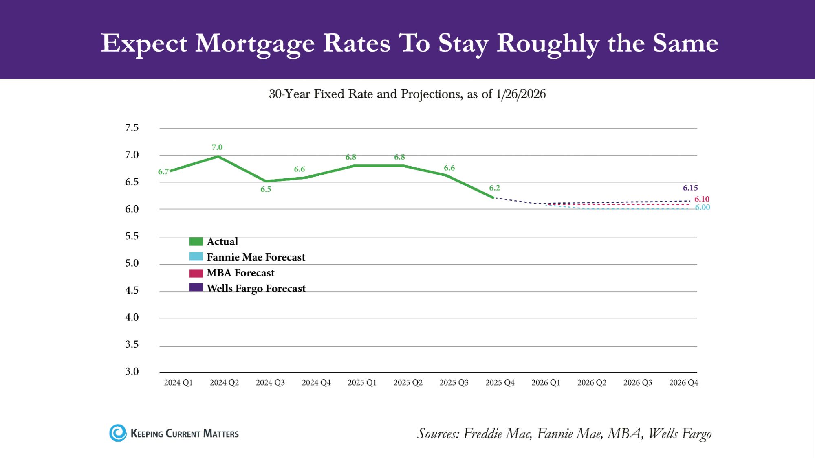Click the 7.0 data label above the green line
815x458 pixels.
217,147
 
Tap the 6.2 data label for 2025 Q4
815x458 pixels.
494,188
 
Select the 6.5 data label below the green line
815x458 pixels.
266,189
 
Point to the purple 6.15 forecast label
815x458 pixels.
690,188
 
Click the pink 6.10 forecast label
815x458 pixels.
702,199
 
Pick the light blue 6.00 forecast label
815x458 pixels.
703,208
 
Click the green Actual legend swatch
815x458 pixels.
196,241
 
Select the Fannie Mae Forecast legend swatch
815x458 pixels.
196,256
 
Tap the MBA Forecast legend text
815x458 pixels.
240,273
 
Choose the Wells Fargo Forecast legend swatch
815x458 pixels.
196,288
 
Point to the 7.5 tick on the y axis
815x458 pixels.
132,128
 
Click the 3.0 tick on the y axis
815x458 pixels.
132,371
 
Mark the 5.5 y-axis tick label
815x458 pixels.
132,236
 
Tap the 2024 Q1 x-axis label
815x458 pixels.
178,383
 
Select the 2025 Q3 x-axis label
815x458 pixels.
454,383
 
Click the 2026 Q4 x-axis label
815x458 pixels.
683,383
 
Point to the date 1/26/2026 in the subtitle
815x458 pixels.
520,94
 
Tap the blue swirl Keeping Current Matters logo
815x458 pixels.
118,433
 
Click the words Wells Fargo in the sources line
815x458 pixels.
680,434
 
